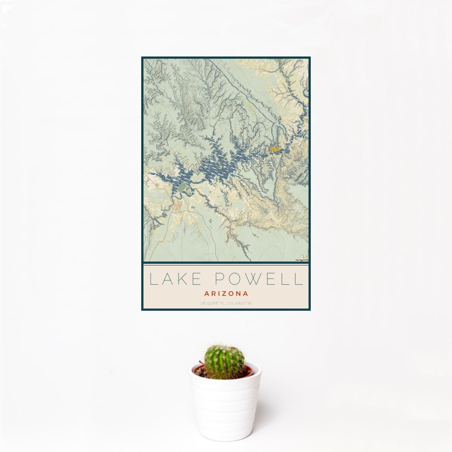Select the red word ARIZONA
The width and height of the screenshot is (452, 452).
(x=226, y=293)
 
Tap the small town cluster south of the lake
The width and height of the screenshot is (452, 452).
(x=178, y=206)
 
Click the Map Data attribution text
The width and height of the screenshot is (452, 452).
(x=302, y=260)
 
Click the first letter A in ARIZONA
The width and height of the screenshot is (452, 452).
(x=206, y=293)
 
